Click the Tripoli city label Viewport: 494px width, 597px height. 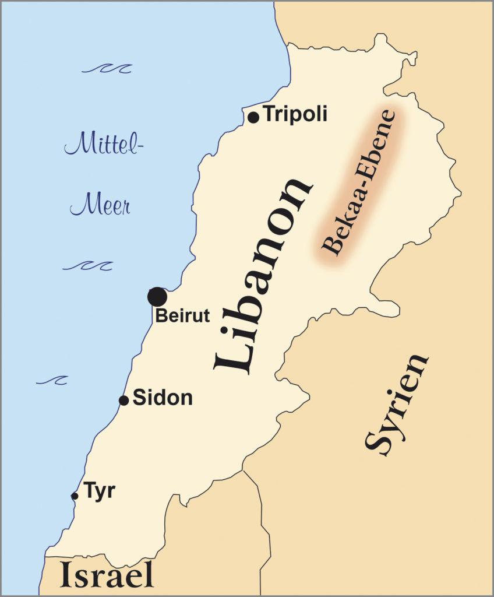pos(295,114)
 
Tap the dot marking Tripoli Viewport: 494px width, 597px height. pos(253,117)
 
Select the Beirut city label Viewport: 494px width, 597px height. pos(182,316)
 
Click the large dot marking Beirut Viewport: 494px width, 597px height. pos(157,297)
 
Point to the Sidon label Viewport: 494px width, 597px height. pos(163,398)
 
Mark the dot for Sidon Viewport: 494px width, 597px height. pos(123,401)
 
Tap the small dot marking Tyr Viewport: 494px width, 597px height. pos(75,496)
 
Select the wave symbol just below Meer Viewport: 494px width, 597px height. pos(87,266)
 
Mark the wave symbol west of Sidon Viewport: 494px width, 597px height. pos(52,380)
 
